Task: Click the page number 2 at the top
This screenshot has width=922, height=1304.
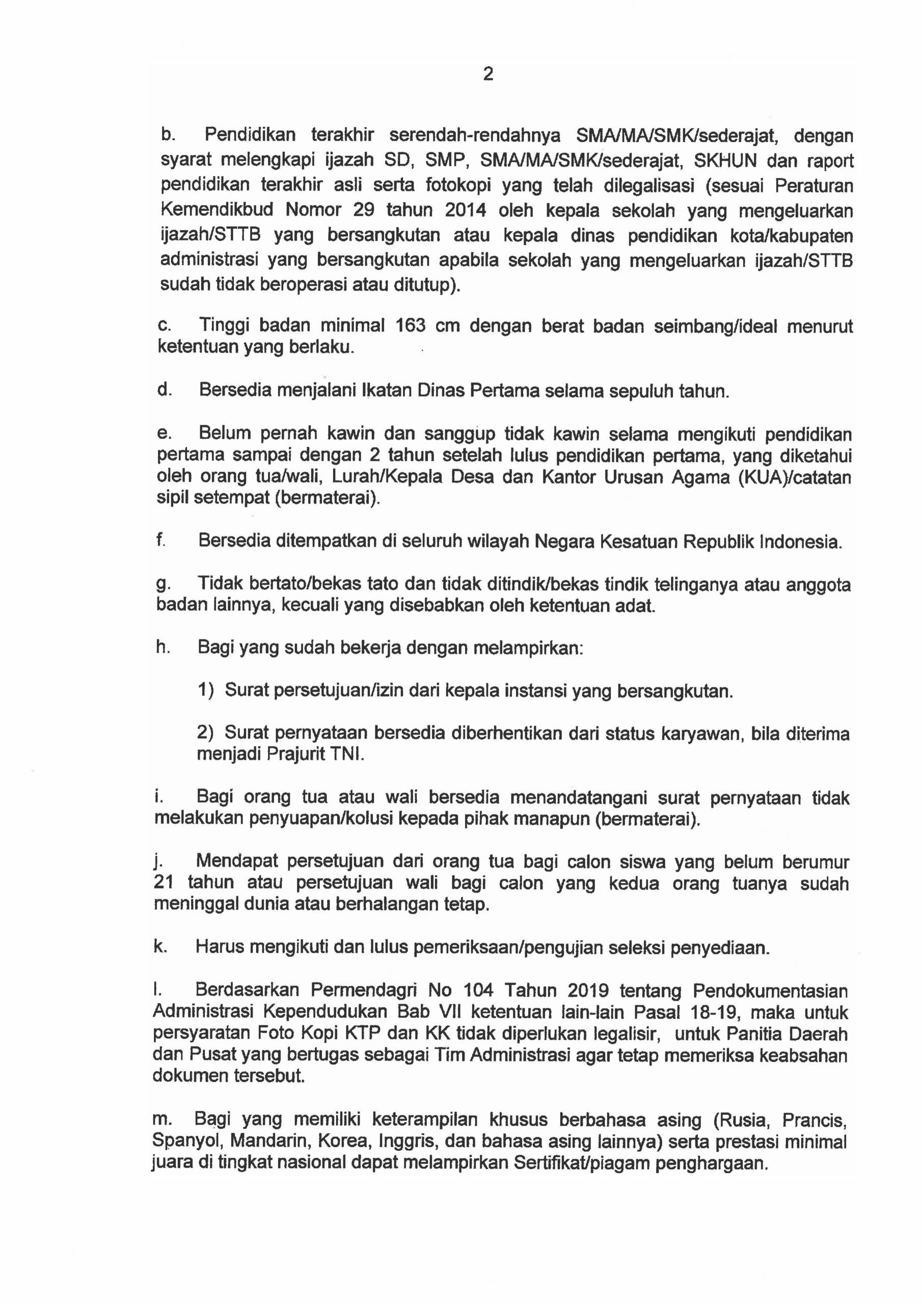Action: [487, 74]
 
